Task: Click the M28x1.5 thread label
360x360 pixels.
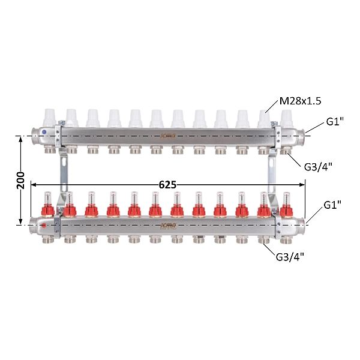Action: tap(300, 101)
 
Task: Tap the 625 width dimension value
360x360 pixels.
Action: tap(167, 185)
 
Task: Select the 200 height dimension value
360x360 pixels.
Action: tap(20, 180)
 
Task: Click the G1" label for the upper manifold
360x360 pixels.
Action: tap(335, 121)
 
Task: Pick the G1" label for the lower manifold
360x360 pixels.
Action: tap(332, 205)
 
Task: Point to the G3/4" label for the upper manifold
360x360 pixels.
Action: tap(318, 167)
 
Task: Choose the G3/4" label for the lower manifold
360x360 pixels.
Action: tap(290, 257)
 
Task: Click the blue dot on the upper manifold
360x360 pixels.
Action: tap(44, 132)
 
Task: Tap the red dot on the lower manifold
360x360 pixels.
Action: tap(44, 226)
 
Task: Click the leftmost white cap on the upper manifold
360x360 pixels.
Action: tap(50, 118)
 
